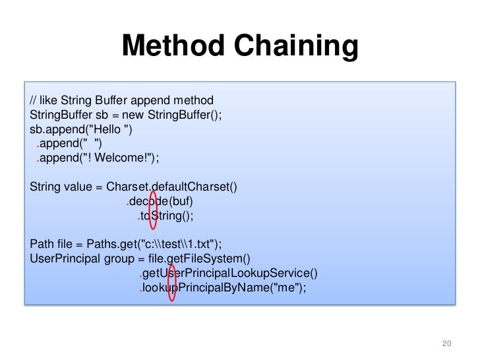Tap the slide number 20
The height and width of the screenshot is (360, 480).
446,344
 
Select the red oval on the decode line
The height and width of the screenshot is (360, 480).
154,204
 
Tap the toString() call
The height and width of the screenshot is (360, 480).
168,216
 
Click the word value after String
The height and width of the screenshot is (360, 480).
76,187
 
